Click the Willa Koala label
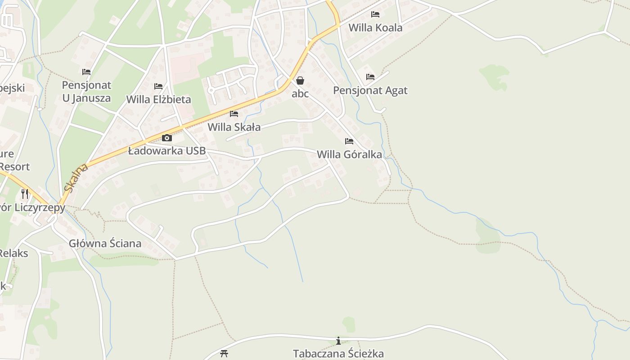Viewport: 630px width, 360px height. click(375, 27)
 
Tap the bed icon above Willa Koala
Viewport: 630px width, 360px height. click(375, 14)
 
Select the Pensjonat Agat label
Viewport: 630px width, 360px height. click(370, 90)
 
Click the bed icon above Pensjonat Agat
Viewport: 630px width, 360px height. click(370, 77)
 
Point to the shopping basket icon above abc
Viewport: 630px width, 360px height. click(300, 81)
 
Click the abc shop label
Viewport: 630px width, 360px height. click(300, 94)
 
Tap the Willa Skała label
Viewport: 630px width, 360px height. click(234, 127)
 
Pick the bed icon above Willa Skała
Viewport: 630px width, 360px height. click(234, 114)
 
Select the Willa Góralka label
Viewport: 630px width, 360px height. click(349, 154)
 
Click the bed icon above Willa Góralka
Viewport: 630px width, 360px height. click(349, 141)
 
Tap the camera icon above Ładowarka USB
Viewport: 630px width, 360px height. click(166, 138)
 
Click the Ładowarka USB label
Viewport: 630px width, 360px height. click(166, 151)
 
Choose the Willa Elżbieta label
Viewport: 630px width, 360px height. click(158, 99)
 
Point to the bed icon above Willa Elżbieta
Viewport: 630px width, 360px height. click(158, 86)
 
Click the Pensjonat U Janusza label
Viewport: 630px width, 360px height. click(86, 91)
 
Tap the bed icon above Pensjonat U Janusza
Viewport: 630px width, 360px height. click(86, 72)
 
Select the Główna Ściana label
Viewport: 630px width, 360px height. click(105, 243)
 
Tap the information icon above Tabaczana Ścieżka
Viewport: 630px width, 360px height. click(338, 341)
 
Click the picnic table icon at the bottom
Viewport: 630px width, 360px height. click(224, 353)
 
